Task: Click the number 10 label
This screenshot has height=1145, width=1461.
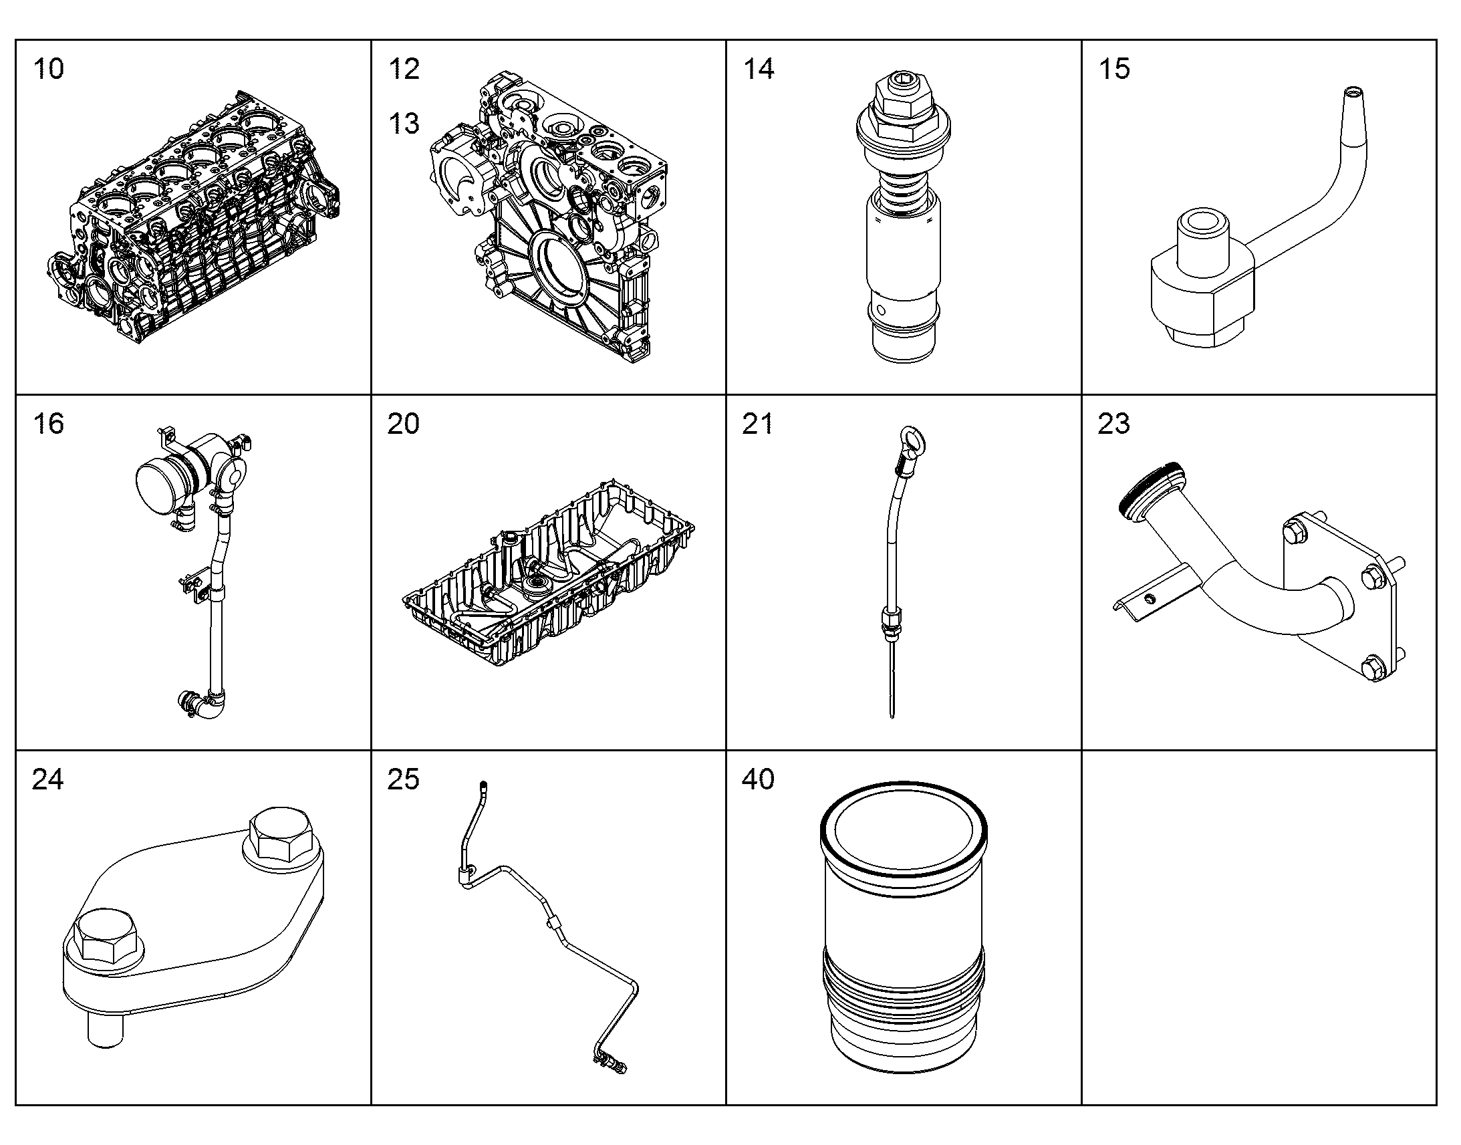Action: tap(49, 69)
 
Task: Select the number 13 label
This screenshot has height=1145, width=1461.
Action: tap(404, 124)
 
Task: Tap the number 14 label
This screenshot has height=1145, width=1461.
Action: tap(759, 69)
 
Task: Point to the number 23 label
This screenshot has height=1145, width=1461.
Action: tap(1114, 424)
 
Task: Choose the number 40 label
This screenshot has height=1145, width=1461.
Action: tap(759, 779)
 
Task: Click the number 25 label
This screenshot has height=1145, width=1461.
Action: tap(404, 779)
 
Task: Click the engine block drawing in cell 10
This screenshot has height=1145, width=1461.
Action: tap(194, 217)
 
